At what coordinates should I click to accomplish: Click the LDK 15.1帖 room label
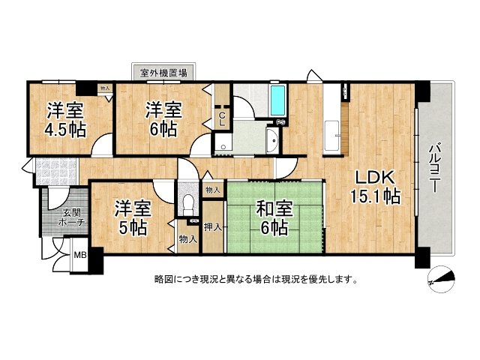[x=375, y=187]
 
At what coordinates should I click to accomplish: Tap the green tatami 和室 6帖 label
[x=274, y=217]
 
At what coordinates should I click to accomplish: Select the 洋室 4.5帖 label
[x=65, y=120]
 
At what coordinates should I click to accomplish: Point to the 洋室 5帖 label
[x=133, y=217]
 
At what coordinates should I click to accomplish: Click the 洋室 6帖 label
[x=163, y=120]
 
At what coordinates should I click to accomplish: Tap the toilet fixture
[x=187, y=204]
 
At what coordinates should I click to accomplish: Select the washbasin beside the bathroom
[x=272, y=140]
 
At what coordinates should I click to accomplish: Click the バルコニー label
[x=434, y=168]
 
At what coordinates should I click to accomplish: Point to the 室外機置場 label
[x=163, y=73]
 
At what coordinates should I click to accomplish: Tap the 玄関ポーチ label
[x=70, y=217]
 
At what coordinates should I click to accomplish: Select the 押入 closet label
[x=213, y=227]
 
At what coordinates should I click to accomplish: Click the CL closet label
[x=222, y=120]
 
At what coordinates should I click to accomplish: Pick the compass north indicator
[x=441, y=279]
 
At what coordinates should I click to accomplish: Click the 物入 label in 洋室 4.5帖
[x=105, y=88]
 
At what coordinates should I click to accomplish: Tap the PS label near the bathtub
[x=281, y=122]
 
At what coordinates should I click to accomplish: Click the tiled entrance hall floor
[x=56, y=171]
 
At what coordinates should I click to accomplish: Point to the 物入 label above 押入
[x=213, y=190]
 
